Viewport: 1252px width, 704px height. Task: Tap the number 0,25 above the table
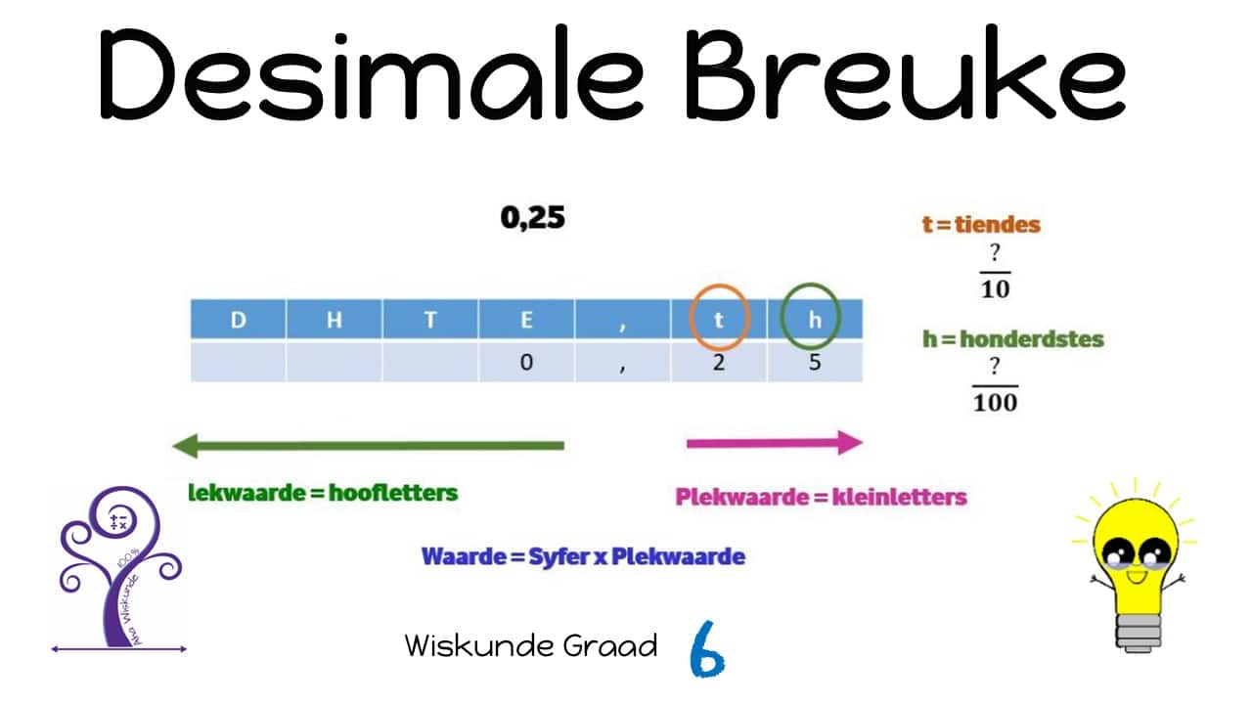coord(532,218)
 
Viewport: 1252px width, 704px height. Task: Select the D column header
coord(238,320)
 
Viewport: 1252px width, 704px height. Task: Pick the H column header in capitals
coord(334,320)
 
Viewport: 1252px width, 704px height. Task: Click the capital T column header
coord(429,320)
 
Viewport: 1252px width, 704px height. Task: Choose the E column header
coord(526,320)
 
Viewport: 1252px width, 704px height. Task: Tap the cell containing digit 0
coord(526,362)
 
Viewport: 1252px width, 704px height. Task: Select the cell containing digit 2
coord(719,362)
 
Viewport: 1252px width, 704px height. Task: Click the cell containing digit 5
coord(815,362)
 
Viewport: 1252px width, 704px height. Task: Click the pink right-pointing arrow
coord(774,443)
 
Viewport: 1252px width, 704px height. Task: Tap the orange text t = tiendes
coord(981,225)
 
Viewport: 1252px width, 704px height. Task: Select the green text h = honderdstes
coord(1012,339)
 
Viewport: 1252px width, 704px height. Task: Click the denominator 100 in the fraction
coord(995,402)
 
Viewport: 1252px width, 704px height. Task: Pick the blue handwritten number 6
coord(706,648)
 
